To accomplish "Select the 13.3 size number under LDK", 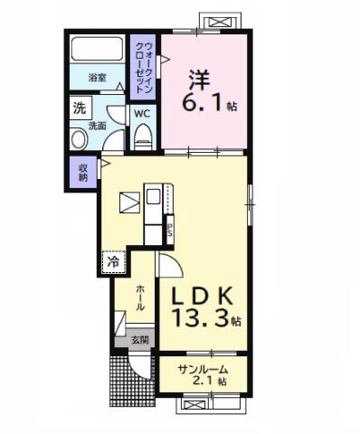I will pos(200,318).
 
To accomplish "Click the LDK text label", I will pos(202,293).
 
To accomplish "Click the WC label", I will pos(142,114).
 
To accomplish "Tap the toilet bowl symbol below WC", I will pos(142,136).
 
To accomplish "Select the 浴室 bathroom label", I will pos(98,79).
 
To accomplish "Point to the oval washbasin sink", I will pos(78,139).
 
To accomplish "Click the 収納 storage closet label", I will pos(82,171).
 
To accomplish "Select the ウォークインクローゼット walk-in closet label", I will pos(142,63).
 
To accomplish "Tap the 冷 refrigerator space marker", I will pos(113,261).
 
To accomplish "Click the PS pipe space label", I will pos(170,230).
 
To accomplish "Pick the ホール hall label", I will pos(140,299).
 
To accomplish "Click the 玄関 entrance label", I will pos(139,340).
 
